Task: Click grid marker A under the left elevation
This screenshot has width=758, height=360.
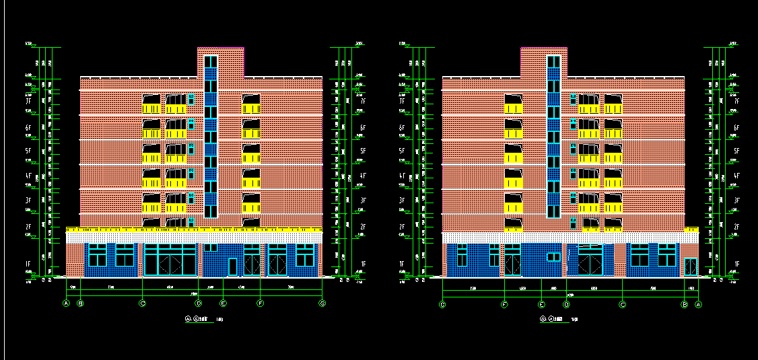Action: (x=66, y=303)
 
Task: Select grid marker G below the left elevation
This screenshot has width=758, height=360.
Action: (x=322, y=303)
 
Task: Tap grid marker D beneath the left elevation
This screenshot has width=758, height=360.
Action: (x=199, y=303)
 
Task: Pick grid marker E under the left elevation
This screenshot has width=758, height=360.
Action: (x=223, y=303)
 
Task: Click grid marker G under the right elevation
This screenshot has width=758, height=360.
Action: (x=442, y=304)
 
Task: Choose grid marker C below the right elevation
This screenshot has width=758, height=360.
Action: (x=622, y=304)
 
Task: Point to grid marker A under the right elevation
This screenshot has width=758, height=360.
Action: (x=698, y=304)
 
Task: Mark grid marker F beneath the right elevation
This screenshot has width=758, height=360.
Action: (x=505, y=304)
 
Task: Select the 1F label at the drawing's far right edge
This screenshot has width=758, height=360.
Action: (x=738, y=264)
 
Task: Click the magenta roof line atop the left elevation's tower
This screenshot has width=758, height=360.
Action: (x=221, y=48)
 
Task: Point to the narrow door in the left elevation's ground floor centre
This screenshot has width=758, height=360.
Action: (x=232, y=266)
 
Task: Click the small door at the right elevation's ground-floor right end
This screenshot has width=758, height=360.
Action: (x=690, y=266)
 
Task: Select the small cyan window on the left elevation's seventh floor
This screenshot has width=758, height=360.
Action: (x=191, y=99)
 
